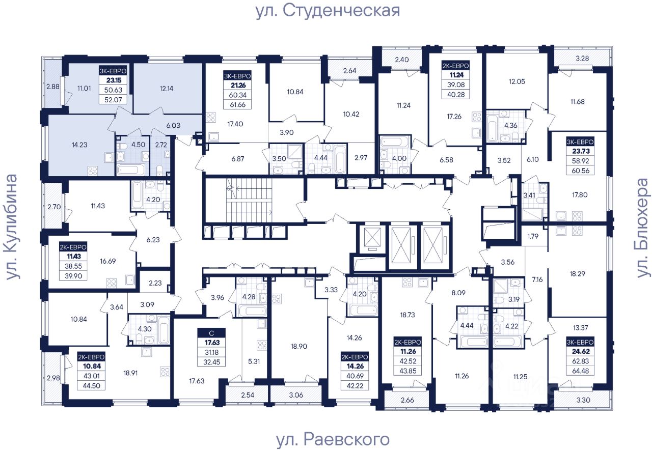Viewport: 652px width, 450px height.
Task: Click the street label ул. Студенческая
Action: (x=328, y=12)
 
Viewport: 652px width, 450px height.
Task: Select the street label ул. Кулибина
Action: (x=12, y=227)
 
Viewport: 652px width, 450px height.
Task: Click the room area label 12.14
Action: (x=167, y=89)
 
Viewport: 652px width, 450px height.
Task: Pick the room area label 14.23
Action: (x=79, y=145)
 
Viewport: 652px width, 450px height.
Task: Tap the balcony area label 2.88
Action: (x=53, y=87)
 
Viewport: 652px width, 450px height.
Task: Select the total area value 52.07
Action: (x=113, y=99)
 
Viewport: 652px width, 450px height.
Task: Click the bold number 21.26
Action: (x=238, y=85)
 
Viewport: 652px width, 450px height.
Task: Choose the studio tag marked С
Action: (x=211, y=333)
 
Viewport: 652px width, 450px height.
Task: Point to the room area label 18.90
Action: (x=299, y=346)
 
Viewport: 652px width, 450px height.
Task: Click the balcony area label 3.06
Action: (x=296, y=395)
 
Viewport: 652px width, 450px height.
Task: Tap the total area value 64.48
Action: (x=580, y=371)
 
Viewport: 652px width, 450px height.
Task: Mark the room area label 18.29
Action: (x=577, y=274)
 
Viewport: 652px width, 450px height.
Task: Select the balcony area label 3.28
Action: (x=582, y=58)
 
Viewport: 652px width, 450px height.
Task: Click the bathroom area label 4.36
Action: (x=511, y=125)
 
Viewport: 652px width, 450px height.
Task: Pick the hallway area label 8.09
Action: (x=458, y=293)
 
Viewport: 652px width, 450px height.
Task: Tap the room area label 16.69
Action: (x=107, y=261)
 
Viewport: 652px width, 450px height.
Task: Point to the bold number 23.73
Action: (x=581, y=151)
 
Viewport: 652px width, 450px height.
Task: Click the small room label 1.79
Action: (x=533, y=236)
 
